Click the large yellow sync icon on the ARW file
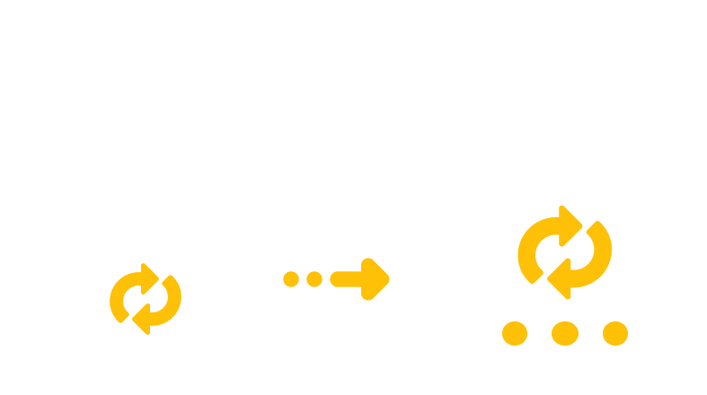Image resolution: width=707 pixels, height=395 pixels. pyautogui.click(x=564, y=252)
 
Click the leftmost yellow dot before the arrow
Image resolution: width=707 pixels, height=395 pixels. pyautogui.click(x=290, y=278)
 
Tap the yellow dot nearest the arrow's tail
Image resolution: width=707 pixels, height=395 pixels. pyautogui.click(x=314, y=278)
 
